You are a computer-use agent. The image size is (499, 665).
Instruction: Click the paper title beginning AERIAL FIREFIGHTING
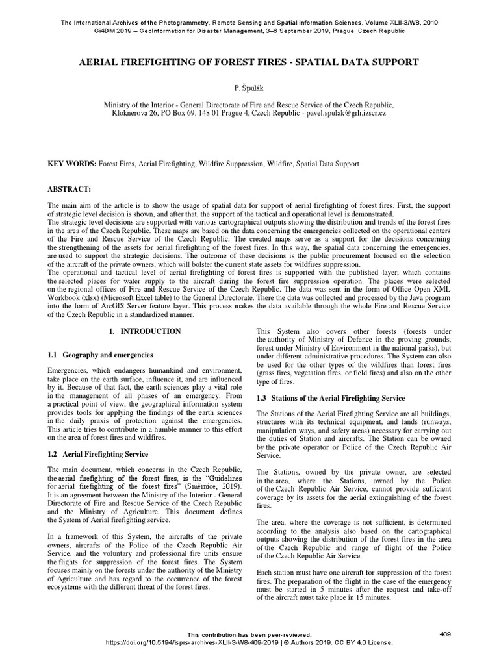click(x=249, y=62)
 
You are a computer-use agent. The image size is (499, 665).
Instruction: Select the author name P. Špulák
click(x=249, y=87)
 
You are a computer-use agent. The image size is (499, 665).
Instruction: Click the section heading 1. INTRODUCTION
click(x=145, y=331)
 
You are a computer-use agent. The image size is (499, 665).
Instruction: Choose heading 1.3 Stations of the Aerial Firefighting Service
click(x=331, y=397)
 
